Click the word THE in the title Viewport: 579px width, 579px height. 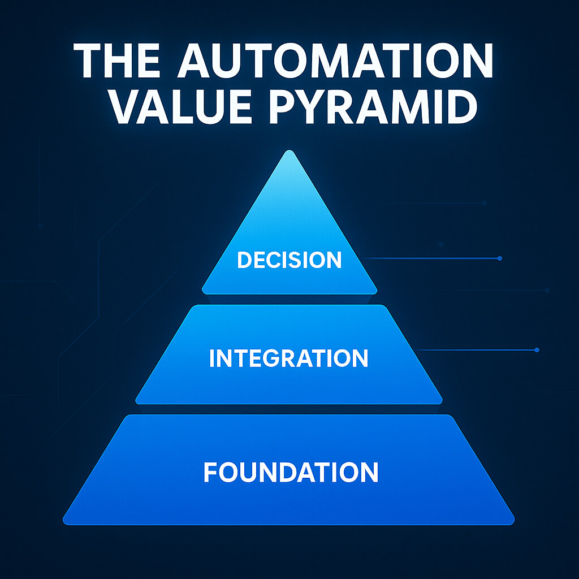(x=116, y=61)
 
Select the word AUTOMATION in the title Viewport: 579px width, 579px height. (x=335, y=61)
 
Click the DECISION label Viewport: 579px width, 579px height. (x=289, y=260)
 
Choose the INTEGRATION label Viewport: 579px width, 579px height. (x=289, y=358)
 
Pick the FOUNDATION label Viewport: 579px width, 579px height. (x=291, y=472)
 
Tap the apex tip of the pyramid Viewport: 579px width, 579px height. (x=289, y=150)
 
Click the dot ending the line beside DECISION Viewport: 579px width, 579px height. (x=500, y=258)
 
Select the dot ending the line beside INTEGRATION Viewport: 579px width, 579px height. (x=537, y=349)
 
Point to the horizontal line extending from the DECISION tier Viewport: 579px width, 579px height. (x=430, y=258)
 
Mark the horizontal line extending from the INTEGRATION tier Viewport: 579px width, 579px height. (x=474, y=349)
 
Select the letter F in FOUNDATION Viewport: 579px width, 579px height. (x=210, y=472)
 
